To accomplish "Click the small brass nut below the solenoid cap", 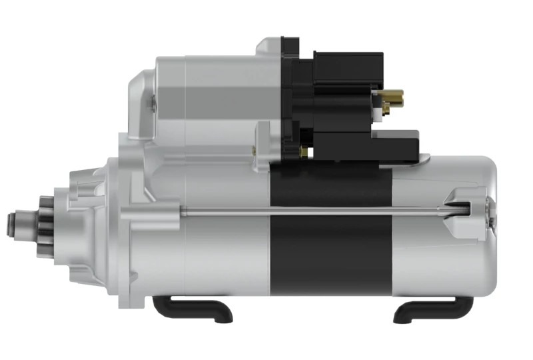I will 304,152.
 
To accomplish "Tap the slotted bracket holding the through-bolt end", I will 466,203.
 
